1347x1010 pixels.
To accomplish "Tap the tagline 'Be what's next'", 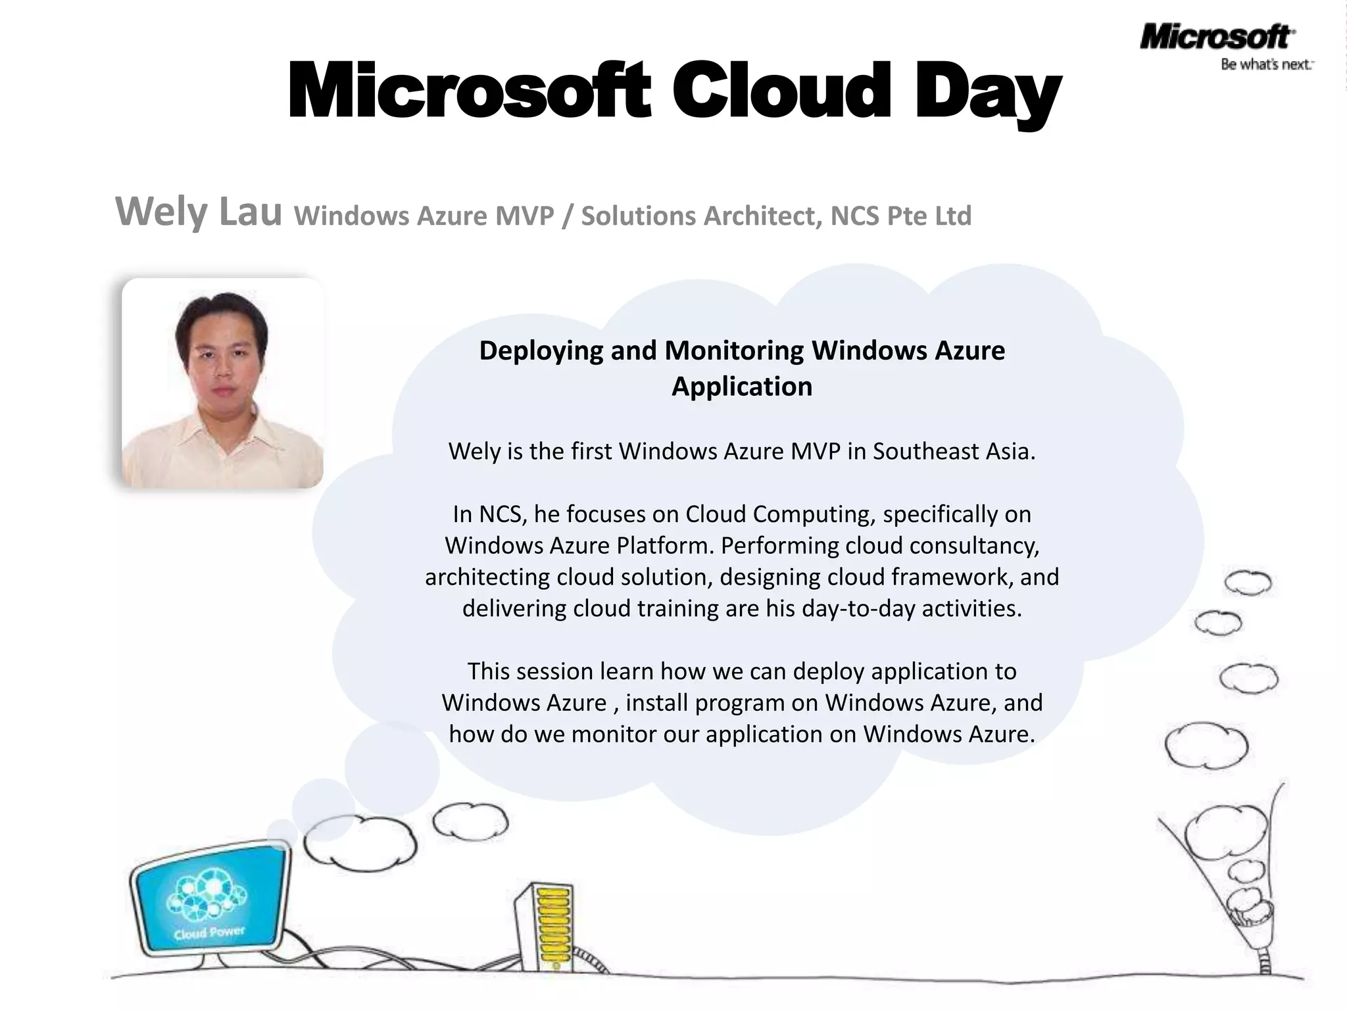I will click(1266, 64).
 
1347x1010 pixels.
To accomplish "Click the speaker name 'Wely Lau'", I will click(198, 212).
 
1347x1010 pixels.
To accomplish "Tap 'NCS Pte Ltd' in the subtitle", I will click(900, 216).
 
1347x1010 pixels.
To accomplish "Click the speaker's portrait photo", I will click(222, 383).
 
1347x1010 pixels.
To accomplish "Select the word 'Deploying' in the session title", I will click(541, 350).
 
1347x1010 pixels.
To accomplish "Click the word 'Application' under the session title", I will click(742, 387).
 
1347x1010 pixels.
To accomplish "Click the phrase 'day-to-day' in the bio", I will click(858, 608).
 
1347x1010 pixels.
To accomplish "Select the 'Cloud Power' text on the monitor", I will click(209, 932).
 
